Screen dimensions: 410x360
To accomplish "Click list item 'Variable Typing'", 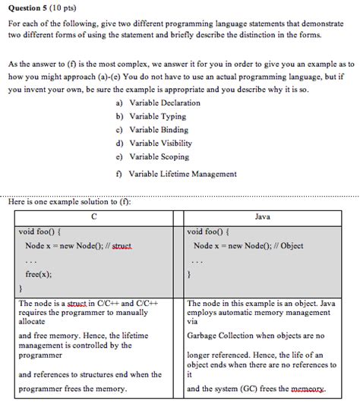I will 156,116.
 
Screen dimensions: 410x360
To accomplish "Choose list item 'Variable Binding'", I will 157,129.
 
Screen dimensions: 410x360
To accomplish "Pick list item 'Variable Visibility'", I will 160,143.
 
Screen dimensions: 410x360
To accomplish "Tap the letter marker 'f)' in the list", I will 119,174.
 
